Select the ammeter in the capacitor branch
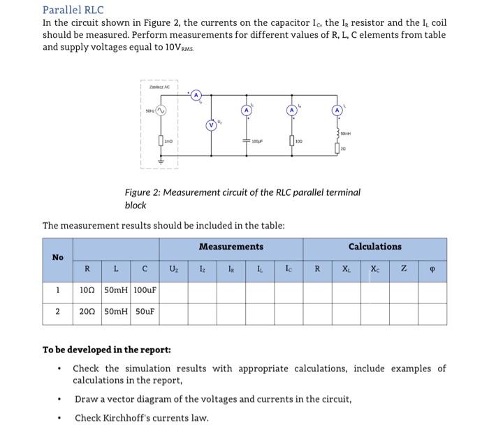click(247, 110)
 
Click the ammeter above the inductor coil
click(337, 110)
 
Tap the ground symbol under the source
click(160, 160)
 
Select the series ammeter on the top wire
click(197, 94)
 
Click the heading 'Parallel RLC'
click(73, 10)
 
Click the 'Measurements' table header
click(231, 247)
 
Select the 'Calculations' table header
click(374, 247)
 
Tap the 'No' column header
click(57, 257)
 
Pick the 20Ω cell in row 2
click(87, 313)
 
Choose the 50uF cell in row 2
click(143, 313)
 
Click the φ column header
click(432, 267)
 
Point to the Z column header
click(404, 267)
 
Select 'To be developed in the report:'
click(106, 350)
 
